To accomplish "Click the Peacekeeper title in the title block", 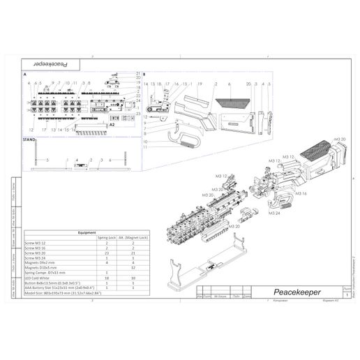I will pos(298,293).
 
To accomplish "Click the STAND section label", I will pos(30,140).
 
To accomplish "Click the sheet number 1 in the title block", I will pos(338,296).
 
